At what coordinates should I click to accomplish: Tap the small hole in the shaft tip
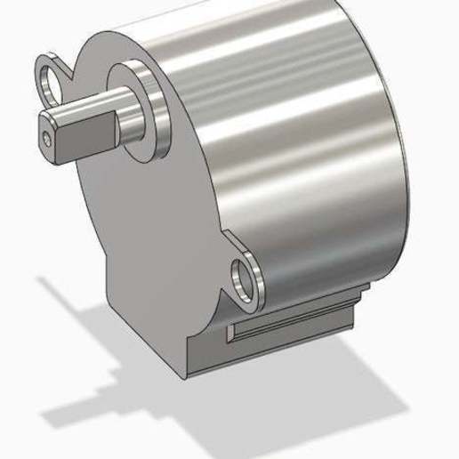(47, 139)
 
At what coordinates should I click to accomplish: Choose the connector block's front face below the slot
(267, 347)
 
